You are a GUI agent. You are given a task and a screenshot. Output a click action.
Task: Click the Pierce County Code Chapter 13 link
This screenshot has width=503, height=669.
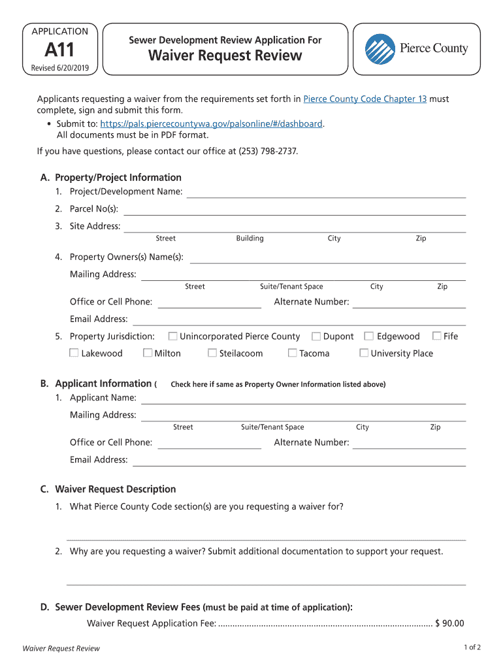[365, 99]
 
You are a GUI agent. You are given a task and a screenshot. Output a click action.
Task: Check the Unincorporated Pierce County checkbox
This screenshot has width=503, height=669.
[172, 336]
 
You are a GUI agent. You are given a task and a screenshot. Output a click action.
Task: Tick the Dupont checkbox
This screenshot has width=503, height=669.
[316, 336]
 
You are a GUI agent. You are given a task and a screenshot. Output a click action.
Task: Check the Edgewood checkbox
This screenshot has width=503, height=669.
[369, 336]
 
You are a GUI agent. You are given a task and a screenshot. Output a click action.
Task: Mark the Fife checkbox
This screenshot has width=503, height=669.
[437, 336]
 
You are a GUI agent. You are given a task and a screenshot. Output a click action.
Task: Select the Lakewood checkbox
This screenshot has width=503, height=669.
[74, 353]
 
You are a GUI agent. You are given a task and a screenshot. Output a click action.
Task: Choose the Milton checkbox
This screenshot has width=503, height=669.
[148, 353]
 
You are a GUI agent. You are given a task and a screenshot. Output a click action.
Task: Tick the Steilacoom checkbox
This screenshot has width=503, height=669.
[212, 353]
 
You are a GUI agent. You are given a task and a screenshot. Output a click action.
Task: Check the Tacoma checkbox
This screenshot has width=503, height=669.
[293, 353]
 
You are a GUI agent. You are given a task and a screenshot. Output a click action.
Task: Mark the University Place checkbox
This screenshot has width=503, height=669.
[364, 353]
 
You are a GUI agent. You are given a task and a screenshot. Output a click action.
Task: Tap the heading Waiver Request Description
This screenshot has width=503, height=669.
[115, 489]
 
